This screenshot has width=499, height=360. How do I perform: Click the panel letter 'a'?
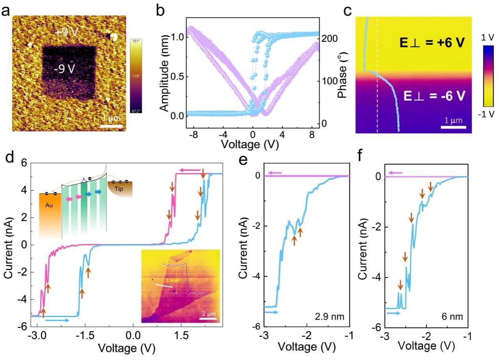click(6, 11)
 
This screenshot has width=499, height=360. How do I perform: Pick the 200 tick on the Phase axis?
click(329, 38)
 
